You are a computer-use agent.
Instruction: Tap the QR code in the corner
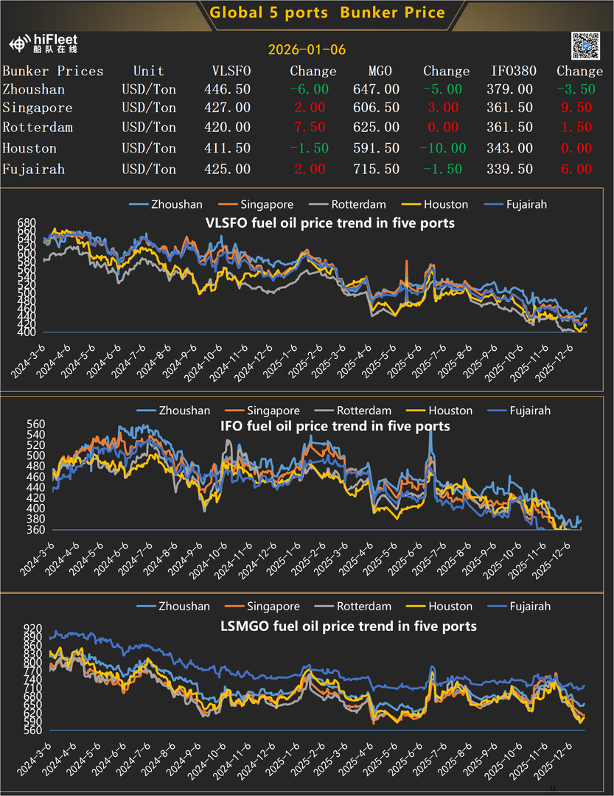pos(586,46)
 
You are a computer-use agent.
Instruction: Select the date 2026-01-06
pos(307,50)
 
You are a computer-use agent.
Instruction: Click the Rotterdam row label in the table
pos(38,127)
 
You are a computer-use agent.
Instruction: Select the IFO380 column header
pos(514,71)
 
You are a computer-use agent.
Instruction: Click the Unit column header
pos(148,71)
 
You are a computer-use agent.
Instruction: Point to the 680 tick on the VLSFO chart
pos(28,223)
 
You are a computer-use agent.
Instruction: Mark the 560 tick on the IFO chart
pos(28,424)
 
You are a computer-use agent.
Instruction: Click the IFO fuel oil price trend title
pos(335,427)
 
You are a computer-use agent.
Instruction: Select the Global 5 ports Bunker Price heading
pos(327,13)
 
